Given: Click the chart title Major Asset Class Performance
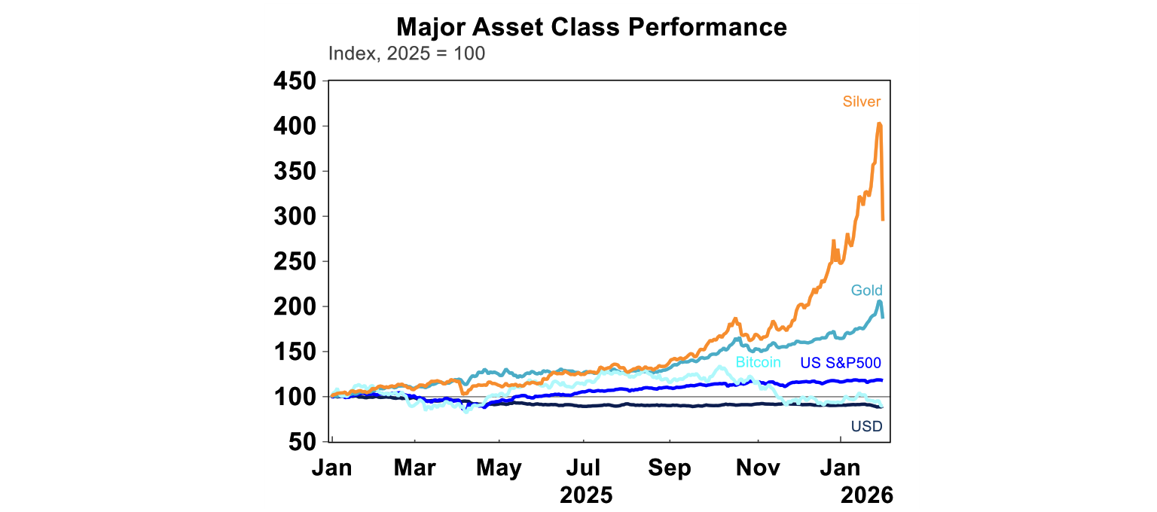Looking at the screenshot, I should click(x=591, y=27).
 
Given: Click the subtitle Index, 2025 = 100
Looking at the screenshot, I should click(x=407, y=54).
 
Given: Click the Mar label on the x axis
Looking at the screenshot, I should click(x=414, y=468).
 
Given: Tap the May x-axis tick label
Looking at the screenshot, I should click(x=499, y=468).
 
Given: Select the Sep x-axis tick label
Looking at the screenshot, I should click(x=669, y=468).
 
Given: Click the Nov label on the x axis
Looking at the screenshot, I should click(x=758, y=468).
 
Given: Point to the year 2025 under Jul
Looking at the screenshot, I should click(x=585, y=495).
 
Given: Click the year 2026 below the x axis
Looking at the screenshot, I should click(x=866, y=495).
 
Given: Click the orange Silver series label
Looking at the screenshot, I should click(x=862, y=102).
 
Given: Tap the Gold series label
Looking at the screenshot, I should click(x=866, y=291).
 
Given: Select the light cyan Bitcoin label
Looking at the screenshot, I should click(x=758, y=362).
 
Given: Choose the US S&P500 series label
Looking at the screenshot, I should click(x=841, y=362).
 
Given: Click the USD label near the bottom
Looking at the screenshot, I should click(x=866, y=427).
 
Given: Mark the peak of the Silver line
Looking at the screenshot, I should click(x=879, y=123).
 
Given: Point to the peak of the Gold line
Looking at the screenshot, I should click(x=880, y=301).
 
